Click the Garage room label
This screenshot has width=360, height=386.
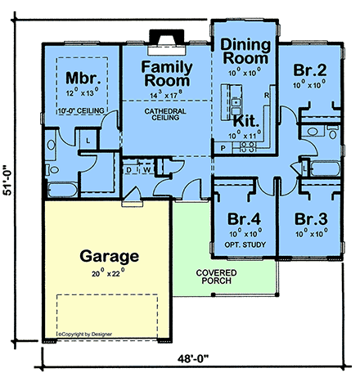tap(108, 256)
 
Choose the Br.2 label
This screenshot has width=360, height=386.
tap(310, 70)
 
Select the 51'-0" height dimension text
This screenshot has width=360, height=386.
tap(10, 181)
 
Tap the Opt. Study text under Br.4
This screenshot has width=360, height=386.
tap(245, 241)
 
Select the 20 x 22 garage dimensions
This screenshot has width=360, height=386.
tap(107, 272)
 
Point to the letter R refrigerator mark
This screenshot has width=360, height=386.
tap(267, 96)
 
